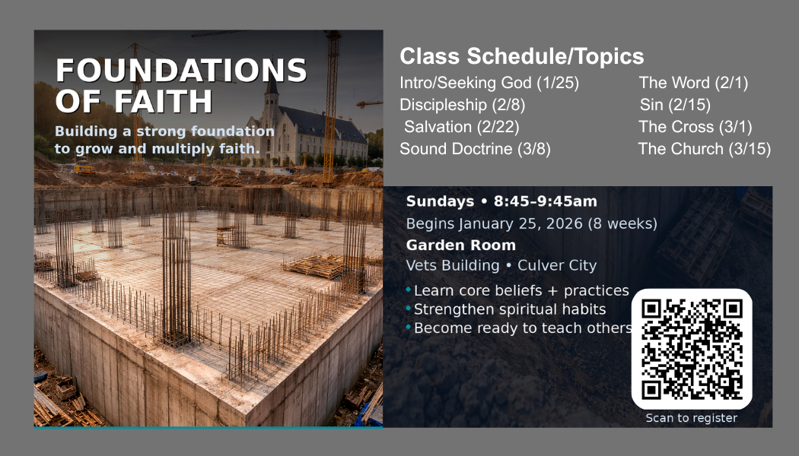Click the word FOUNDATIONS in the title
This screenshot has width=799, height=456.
coord(181,70)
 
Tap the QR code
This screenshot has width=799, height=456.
coord(692,349)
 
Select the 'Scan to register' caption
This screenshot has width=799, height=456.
coord(692,418)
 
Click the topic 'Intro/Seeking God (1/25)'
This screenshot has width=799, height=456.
coord(489,82)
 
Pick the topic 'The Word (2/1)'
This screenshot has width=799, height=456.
coord(693,82)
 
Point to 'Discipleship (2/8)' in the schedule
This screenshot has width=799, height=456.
coord(462,105)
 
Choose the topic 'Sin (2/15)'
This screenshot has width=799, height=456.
coord(675,105)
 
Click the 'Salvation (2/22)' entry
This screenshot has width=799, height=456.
coord(462,127)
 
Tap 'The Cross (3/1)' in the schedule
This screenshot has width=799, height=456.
coord(696,127)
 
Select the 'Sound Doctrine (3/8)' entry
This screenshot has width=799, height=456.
coord(475,149)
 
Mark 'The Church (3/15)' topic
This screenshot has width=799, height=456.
coord(704,149)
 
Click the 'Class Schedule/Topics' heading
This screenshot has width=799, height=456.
coord(522,56)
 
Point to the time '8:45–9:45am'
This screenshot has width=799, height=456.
coord(546,201)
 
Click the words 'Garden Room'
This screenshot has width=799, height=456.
coord(460,245)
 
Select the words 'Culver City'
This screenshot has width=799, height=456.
coord(557,266)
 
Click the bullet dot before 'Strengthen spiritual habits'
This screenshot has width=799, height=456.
coord(408,309)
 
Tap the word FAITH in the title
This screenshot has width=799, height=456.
coord(163,101)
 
